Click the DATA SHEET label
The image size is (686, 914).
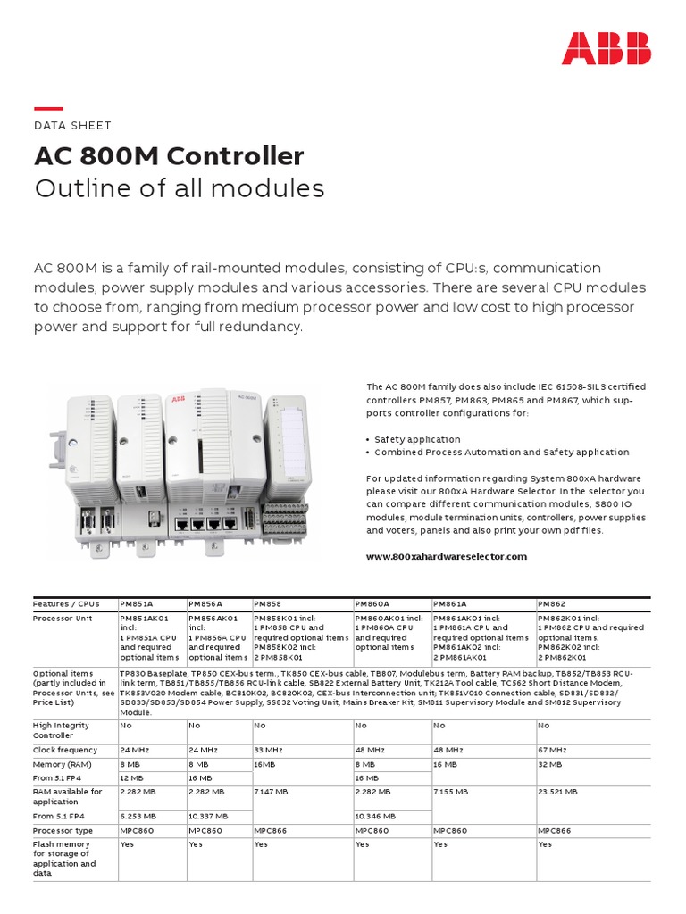pyautogui.click(x=72, y=126)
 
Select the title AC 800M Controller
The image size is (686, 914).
pyautogui.click(x=169, y=157)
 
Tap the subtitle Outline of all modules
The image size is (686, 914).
pyautogui.click(x=179, y=189)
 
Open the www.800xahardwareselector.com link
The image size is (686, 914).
pyautogui.click(x=447, y=556)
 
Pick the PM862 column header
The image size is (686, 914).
pyautogui.click(x=552, y=603)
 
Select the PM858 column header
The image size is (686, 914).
pyautogui.click(x=268, y=603)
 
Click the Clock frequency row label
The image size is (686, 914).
pyautogui.click(x=65, y=750)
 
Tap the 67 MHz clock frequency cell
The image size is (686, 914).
pyautogui.click(x=552, y=750)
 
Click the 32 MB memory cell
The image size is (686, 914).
pyautogui.click(x=549, y=765)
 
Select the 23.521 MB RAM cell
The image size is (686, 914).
pyautogui.click(x=557, y=791)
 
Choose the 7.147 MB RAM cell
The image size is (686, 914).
pyautogui.click(x=272, y=791)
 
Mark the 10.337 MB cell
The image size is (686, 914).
pyautogui.click(x=208, y=816)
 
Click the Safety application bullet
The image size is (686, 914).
pyautogui.click(x=417, y=439)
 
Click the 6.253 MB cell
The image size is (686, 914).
pyautogui.click(x=138, y=816)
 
